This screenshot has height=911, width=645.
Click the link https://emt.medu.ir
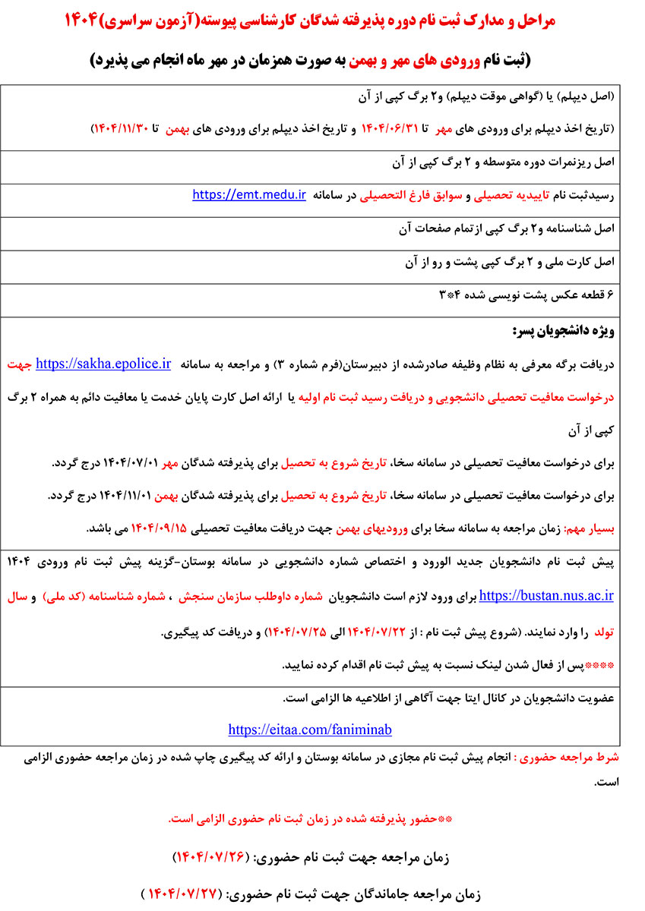click(x=248, y=195)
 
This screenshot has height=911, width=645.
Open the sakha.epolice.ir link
click(x=103, y=364)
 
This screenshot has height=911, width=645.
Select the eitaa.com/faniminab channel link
click(x=310, y=730)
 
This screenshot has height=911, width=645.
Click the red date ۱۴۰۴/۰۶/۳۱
click(x=390, y=125)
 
